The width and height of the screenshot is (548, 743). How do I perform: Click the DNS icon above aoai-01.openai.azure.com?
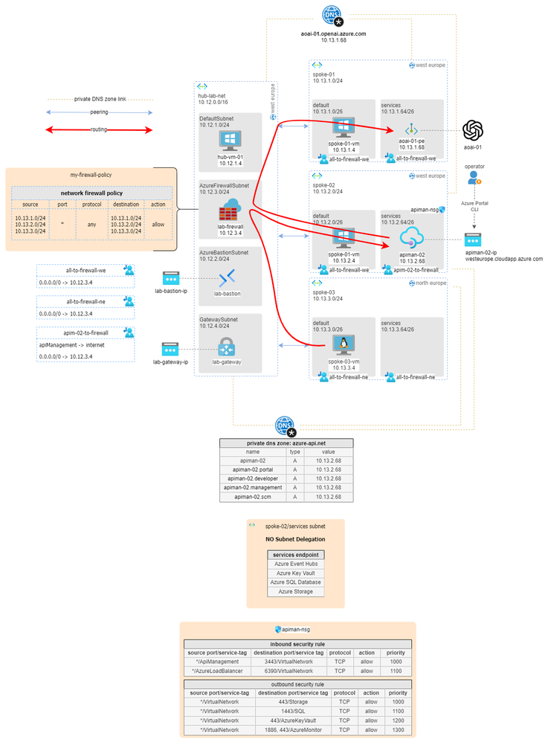click(x=331, y=13)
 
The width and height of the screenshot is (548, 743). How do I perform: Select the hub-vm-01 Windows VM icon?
click(x=229, y=141)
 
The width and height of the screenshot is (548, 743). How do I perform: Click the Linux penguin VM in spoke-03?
click(x=344, y=344)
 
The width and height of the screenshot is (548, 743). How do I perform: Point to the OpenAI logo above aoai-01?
click(x=474, y=131)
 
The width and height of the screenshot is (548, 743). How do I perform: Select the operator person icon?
click(x=474, y=178)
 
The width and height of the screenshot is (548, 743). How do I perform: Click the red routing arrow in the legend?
click(x=100, y=130)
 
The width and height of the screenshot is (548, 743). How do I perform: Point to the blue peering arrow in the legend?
click(x=100, y=113)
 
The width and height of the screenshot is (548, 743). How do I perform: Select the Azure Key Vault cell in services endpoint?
click(x=296, y=573)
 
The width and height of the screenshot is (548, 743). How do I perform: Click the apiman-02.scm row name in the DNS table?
click(x=253, y=496)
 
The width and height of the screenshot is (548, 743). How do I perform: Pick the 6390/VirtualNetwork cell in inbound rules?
click(x=288, y=670)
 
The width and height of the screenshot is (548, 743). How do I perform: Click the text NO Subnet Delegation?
click(x=295, y=539)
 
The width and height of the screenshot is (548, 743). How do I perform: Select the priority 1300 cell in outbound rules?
click(x=399, y=730)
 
